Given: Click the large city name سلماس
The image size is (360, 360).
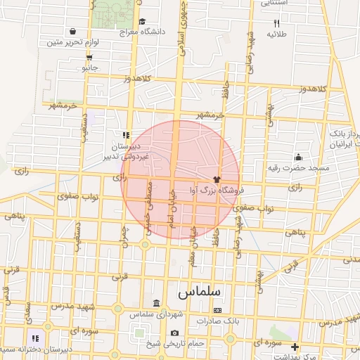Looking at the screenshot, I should pyautogui.click(x=199, y=290).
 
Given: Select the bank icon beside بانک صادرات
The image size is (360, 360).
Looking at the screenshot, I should pyautogui.click(x=217, y=310).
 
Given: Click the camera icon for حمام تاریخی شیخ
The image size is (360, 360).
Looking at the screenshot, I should pyautogui.click(x=174, y=333).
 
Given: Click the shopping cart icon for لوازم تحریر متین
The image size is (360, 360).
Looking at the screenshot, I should pyautogui.click(x=73, y=31).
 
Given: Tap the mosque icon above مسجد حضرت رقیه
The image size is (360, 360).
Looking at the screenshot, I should pyautogui.click(x=299, y=157).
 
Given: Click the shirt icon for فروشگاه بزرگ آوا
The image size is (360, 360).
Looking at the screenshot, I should pyautogui.click(x=216, y=179).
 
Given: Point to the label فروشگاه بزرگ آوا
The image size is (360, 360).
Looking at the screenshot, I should pyautogui.click(x=216, y=190).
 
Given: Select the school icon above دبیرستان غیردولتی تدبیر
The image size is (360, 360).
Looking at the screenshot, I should pyautogui.click(x=126, y=134).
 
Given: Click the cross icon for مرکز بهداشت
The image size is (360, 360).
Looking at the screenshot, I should pyautogui.click(x=295, y=347).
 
